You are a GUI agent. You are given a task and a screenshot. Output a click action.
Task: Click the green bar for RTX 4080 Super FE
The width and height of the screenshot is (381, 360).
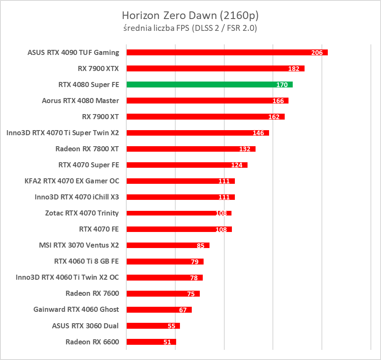pos(209,85)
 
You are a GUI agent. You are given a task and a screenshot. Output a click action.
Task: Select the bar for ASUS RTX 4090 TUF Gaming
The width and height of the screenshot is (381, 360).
pos(227,52)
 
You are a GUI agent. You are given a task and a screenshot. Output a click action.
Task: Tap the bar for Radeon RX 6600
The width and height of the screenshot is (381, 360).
pos(151,342)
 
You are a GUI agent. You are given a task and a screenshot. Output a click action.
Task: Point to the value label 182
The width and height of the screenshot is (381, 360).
pos(294,69)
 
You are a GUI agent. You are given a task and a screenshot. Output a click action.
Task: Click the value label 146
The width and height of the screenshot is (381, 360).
pos(258,133)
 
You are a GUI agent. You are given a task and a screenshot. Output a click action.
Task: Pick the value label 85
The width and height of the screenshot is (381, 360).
pos(201,245)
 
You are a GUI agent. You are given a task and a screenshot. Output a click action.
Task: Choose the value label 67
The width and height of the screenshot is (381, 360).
pos(183,310)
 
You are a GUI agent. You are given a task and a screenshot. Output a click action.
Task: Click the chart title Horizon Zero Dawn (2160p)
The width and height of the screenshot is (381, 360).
pos(190,16)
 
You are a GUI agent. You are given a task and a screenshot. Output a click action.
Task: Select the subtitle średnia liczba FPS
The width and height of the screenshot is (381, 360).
pos(190,28)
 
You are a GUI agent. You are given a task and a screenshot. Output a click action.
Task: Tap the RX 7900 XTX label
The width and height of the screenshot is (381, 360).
pos(98,68)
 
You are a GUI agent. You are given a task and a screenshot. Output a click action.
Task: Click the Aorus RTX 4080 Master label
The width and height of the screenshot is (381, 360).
pos(80,101)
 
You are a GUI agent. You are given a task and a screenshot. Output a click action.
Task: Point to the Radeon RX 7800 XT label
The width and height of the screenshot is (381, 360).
pos(87,149)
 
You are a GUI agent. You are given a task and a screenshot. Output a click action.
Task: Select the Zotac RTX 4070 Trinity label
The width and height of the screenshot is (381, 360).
pos(82,213)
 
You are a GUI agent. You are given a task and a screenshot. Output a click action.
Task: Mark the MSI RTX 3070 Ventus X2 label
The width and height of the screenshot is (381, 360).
pos(79,245)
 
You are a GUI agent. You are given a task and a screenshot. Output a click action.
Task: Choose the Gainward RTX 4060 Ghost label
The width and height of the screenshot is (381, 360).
pos(76,309)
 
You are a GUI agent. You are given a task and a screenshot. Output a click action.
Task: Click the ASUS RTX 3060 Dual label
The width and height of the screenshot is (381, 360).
pos(85,325)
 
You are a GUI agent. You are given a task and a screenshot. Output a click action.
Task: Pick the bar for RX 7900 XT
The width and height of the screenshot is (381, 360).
pos(205,117)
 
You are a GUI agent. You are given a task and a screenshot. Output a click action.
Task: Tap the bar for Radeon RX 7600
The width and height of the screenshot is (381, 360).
pos(163,294)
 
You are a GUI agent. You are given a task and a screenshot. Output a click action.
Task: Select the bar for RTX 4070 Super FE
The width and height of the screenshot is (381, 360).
pos(187,165)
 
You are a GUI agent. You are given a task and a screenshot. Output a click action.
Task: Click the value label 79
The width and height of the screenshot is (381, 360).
pos(195,262)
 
